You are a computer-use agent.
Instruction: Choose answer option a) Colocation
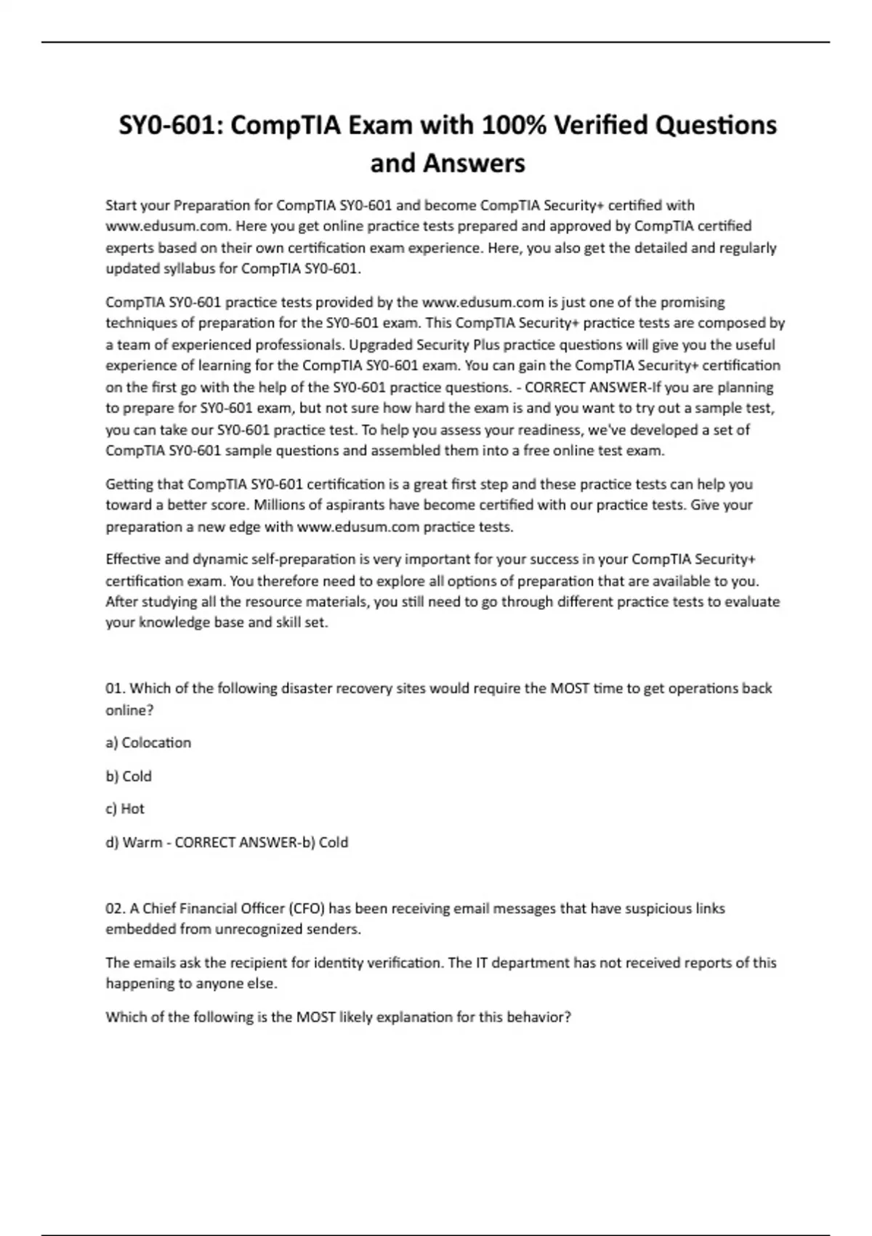[148, 742]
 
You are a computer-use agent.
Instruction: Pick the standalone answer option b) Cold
[129, 776]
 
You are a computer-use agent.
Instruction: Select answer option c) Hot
[125, 808]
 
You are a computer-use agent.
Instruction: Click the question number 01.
[115, 688]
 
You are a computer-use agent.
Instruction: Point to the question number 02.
[115, 908]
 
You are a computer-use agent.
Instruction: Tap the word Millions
[279, 505]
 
